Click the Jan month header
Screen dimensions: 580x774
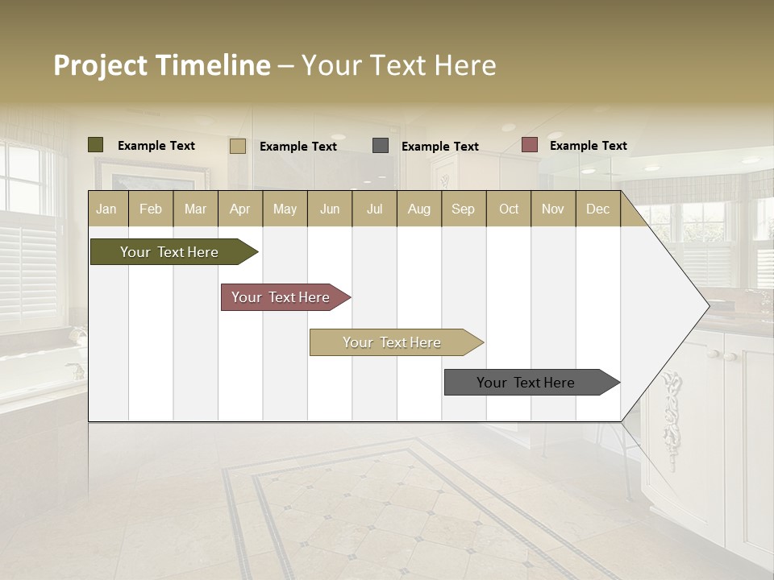pos(106,209)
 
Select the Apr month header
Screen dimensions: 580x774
pos(239,209)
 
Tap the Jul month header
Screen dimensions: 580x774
pos(374,209)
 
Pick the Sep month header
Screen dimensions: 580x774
pos(463,209)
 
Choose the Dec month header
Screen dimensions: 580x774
pos(597,209)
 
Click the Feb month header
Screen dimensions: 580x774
pos(151,209)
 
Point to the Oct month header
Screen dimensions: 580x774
pos(509,209)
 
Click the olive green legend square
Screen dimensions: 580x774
pos(95,145)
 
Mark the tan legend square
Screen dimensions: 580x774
pos(237,146)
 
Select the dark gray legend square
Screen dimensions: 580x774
pos(381,146)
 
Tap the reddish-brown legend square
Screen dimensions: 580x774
pos(529,145)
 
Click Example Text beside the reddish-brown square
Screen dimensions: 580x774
pos(588,146)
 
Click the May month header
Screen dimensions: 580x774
pos(285,209)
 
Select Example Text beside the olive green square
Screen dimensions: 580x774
pos(156,146)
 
